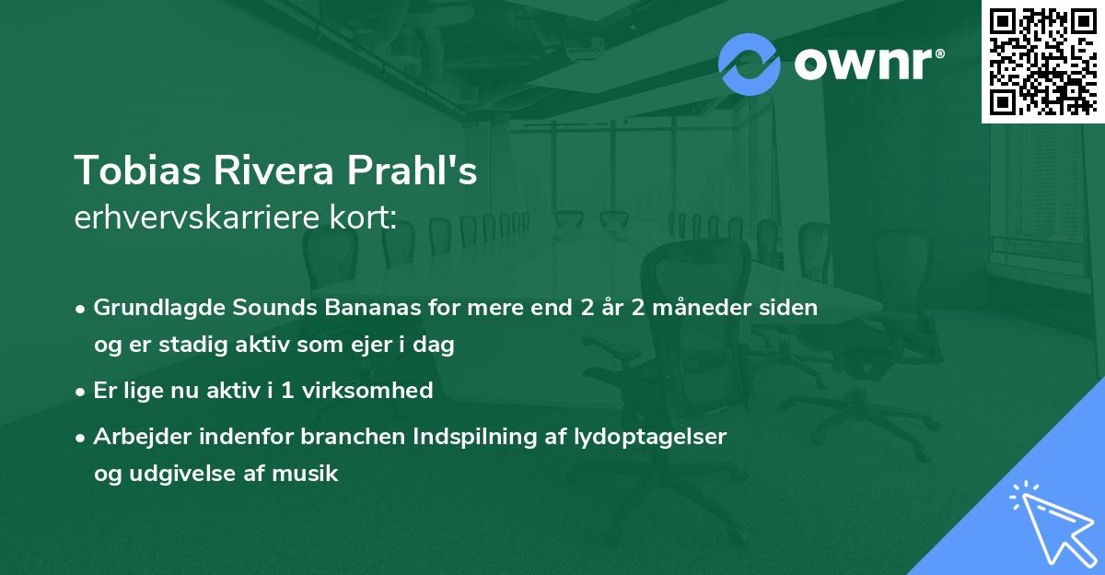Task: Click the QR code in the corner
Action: [x=1042, y=61]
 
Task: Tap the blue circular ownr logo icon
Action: [x=750, y=64]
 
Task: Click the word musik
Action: [x=308, y=474]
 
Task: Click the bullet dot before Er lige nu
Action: [x=82, y=391]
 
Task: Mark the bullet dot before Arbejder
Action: [x=82, y=437]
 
